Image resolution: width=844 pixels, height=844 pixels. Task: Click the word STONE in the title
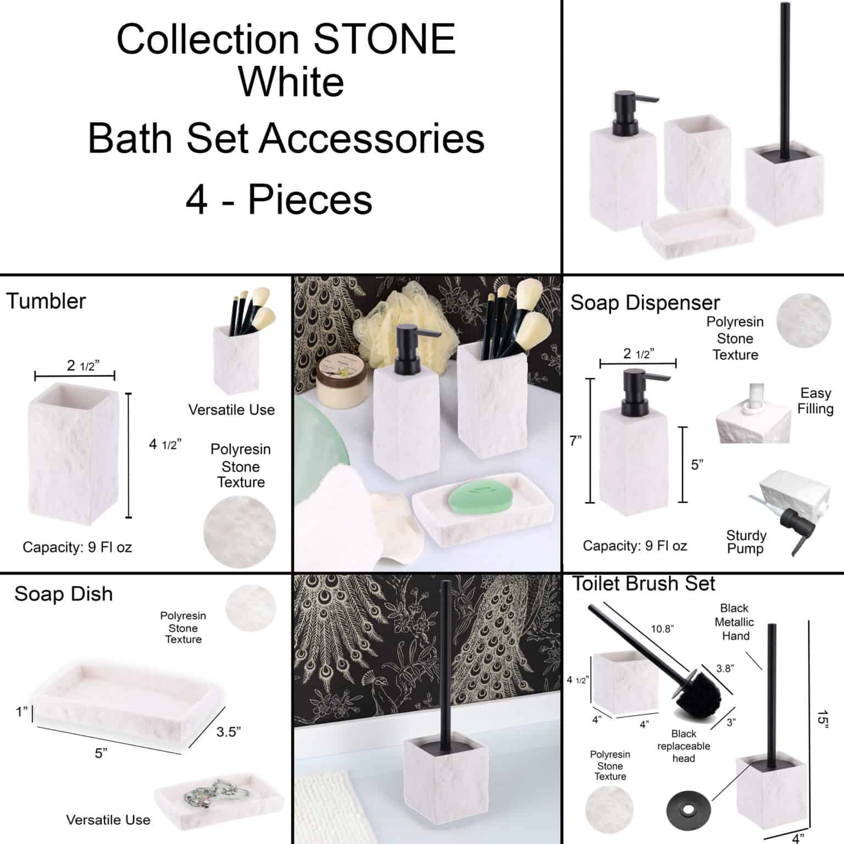384,40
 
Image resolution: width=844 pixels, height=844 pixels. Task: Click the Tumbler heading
46,301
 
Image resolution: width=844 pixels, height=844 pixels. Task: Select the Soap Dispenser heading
645,303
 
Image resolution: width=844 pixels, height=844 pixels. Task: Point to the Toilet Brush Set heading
644,584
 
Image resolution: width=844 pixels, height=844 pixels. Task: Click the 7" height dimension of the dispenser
575,441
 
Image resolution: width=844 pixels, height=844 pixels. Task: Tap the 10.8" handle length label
662,629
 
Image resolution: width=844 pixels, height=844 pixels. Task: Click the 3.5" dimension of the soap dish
228,732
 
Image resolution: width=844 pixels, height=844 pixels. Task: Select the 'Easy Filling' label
816,401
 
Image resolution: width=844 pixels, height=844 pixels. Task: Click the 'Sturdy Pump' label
746,542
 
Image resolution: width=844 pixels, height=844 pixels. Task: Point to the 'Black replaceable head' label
684,746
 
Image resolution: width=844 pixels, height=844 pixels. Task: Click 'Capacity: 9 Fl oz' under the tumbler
77,547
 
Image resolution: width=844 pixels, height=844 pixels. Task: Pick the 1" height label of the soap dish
21,712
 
